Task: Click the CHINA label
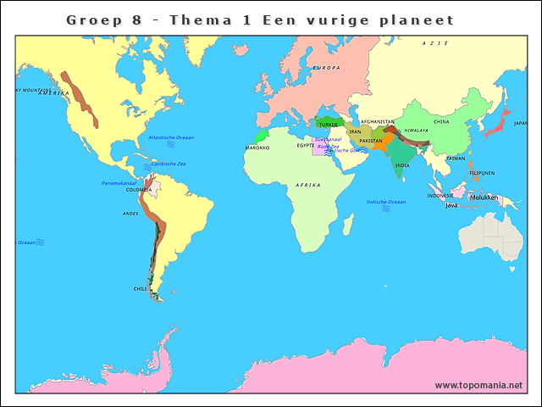(x=441, y=122)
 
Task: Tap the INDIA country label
(x=402, y=166)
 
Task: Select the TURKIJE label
(x=328, y=125)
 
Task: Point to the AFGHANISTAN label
(x=378, y=122)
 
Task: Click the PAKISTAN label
(x=371, y=141)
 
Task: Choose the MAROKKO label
(x=257, y=148)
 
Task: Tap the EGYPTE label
(x=306, y=146)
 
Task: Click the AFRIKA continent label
(x=308, y=185)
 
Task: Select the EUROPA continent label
(x=326, y=68)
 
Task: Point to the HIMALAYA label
(x=416, y=131)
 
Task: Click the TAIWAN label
(x=456, y=159)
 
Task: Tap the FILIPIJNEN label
(x=482, y=173)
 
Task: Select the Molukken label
(x=484, y=198)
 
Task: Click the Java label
(x=451, y=205)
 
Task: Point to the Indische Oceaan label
(x=386, y=202)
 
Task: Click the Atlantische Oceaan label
(x=171, y=137)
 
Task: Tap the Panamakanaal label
(x=119, y=183)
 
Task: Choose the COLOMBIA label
(x=139, y=190)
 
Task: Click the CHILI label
(x=140, y=289)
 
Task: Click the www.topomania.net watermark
(x=478, y=386)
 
